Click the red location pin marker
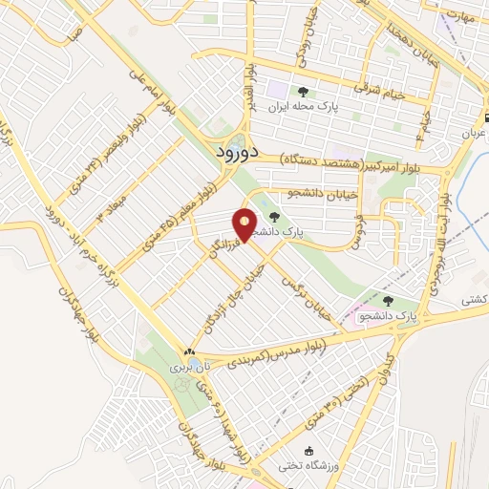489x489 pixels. (x=245, y=225)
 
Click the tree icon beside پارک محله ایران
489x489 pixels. (x=303, y=93)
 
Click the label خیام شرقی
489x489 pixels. (x=379, y=91)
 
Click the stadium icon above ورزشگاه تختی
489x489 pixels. (x=308, y=452)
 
